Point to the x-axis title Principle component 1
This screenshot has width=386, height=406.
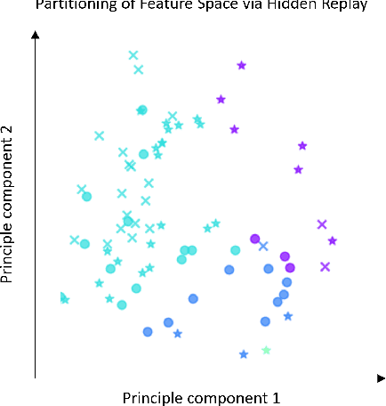201,397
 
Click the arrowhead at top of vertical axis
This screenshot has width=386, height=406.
35,35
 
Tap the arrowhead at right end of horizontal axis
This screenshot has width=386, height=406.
381,378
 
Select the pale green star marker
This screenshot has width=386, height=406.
266,350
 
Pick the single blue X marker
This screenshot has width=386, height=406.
263,246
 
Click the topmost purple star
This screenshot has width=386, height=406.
241,65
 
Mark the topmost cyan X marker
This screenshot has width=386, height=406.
133,55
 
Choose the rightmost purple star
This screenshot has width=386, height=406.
333,240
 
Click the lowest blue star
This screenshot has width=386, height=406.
244,354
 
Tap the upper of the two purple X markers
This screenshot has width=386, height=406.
322,224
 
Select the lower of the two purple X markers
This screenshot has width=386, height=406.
326,266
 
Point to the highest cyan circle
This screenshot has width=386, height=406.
141,110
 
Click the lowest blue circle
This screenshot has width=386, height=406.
149,331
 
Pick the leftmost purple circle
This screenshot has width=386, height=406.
255,239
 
